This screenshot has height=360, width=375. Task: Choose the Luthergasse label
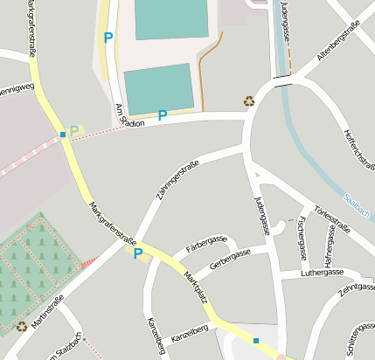(323, 272)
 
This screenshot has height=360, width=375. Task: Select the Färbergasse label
(206, 245)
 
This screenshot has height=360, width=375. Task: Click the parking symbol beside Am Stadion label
(162, 114)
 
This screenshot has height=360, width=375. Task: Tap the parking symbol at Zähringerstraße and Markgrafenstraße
(137, 253)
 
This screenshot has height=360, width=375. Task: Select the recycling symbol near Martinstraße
(21, 327)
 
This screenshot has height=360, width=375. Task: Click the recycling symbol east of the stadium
(249, 100)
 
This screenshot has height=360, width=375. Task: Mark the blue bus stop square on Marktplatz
(256, 341)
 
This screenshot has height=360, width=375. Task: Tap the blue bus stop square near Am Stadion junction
(63, 135)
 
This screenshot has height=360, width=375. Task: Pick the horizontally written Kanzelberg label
(190, 332)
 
